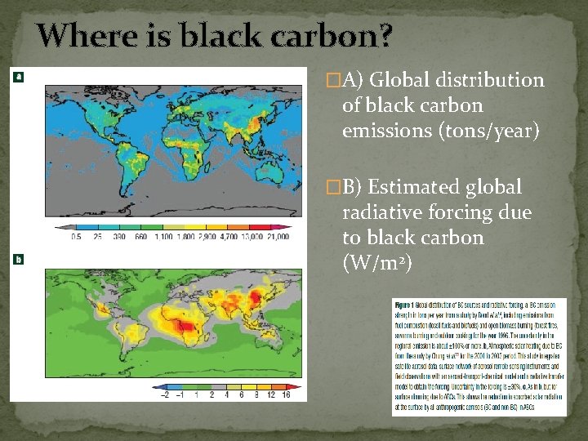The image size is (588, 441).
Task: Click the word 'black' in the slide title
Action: point(214,35)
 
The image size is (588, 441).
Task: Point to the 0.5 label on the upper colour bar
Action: point(76,237)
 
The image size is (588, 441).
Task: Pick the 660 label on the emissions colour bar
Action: point(141,237)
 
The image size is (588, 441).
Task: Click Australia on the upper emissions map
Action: point(262,178)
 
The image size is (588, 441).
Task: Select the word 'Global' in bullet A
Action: point(406,80)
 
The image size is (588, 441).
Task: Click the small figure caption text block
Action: point(479,351)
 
